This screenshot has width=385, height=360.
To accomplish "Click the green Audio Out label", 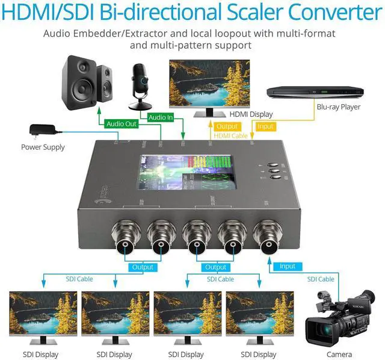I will (x=122, y=124).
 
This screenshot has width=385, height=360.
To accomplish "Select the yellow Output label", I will (x=227, y=126).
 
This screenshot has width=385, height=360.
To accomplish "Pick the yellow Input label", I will (x=265, y=126).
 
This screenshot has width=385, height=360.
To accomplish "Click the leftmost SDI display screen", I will (x=43, y=314).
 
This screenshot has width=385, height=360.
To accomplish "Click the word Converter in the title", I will (x=326, y=13).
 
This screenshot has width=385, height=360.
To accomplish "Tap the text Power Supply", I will (x=43, y=147).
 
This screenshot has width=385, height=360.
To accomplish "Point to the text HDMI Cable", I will (x=231, y=136).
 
